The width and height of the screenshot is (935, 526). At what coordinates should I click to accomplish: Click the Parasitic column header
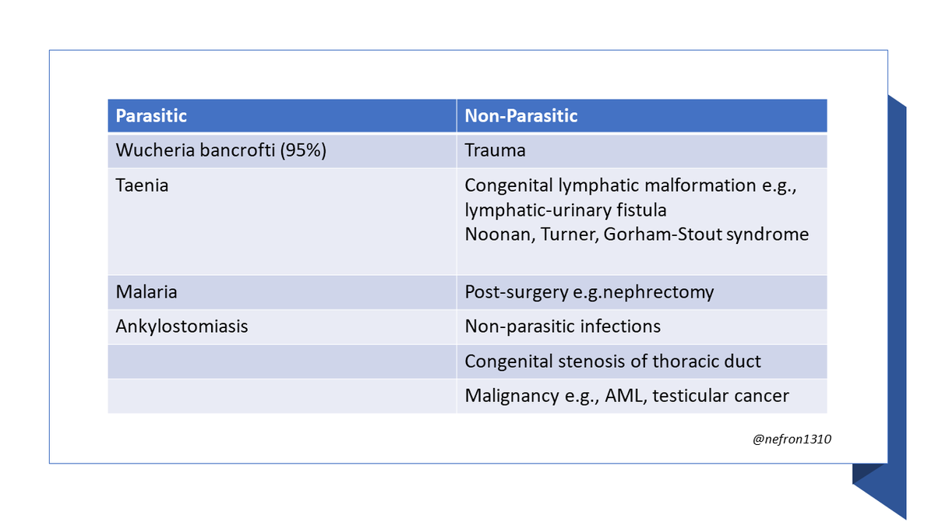click(x=151, y=116)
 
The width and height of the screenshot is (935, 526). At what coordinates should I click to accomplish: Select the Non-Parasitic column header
click(x=520, y=116)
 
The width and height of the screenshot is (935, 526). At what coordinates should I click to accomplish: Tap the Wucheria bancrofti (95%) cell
click(x=221, y=150)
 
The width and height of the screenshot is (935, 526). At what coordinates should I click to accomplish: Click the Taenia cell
click(x=142, y=186)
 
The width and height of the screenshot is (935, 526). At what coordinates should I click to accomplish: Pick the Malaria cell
click(x=146, y=292)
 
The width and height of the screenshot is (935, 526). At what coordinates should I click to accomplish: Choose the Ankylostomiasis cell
click(x=182, y=327)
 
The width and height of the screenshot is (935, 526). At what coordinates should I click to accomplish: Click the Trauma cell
click(x=495, y=150)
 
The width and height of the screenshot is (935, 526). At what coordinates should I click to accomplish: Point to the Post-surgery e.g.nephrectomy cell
click(x=589, y=292)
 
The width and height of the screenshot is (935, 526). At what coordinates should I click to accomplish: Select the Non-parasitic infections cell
click(x=563, y=327)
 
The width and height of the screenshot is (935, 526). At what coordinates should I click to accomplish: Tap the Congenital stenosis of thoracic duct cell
click(x=612, y=362)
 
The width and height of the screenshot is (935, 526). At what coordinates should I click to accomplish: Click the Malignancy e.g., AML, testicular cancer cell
click(x=626, y=396)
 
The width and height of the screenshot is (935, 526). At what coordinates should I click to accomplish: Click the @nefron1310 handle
click(x=792, y=440)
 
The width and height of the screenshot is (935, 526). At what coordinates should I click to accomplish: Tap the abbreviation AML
click(x=623, y=396)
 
